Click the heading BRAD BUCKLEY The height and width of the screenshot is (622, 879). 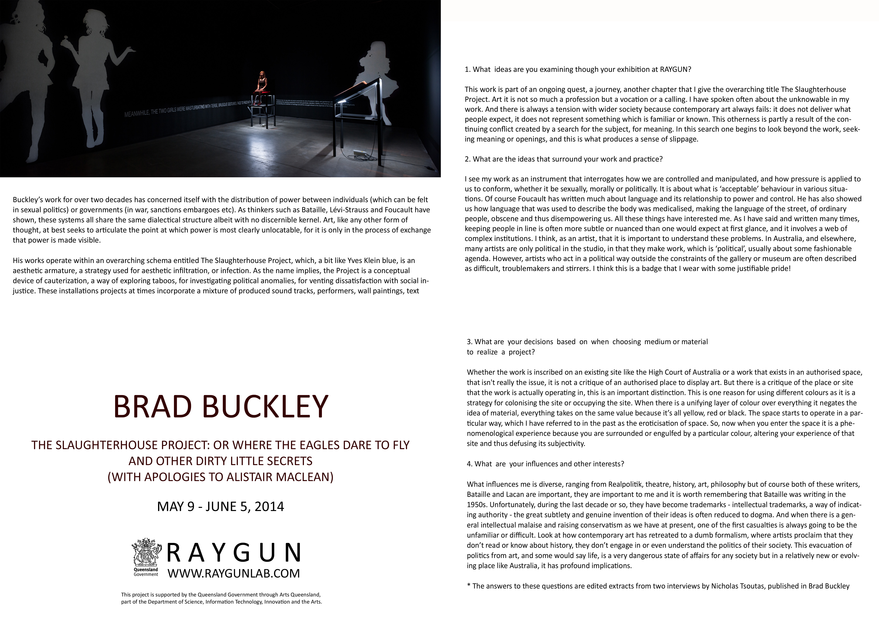pos(221,407)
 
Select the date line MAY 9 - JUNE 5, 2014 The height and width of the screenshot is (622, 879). pos(221,506)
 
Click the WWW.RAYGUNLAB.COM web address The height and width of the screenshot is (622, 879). pos(234,573)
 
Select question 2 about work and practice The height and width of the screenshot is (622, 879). pos(564,159)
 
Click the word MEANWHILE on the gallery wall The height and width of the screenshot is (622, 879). pos(137,114)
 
